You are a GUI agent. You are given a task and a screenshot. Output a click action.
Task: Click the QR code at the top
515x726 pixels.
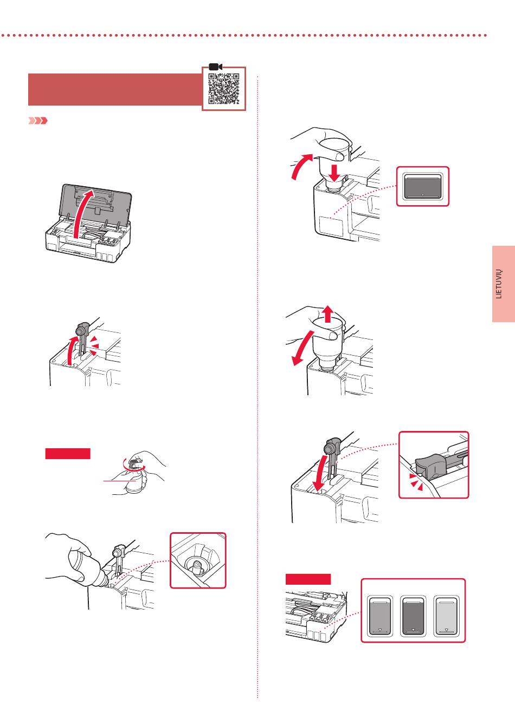[x=224, y=89]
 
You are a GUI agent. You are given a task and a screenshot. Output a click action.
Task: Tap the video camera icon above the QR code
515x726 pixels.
[x=215, y=67]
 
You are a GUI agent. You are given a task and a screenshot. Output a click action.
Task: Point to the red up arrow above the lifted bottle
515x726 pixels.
[x=327, y=313]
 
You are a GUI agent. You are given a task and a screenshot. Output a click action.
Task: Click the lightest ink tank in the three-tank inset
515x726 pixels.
[x=446, y=616]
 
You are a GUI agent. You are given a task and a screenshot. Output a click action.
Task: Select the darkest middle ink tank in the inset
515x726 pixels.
[x=413, y=616]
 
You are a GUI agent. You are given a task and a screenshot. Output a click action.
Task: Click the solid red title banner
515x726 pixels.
[x=114, y=89]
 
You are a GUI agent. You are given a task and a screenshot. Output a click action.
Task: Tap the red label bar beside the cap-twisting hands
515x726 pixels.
[x=68, y=454]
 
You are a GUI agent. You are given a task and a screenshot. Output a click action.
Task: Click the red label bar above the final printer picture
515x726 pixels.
[x=308, y=579]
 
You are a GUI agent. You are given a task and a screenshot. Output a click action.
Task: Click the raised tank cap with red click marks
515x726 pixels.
[x=82, y=332]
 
